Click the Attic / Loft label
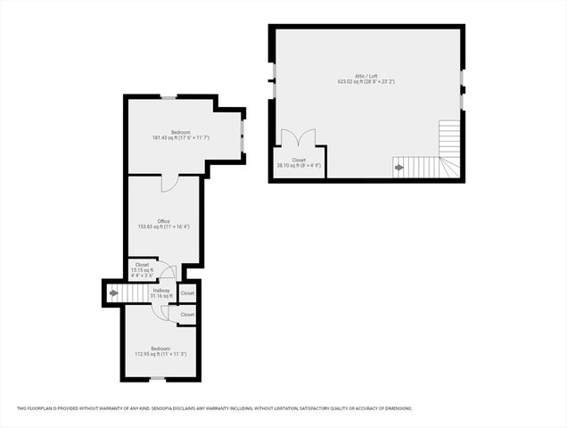coord(366,75)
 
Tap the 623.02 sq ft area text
coord(366,81)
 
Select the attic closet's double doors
coord(298,139)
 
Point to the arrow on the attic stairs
coord(399,166)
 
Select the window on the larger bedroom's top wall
coord(168,96)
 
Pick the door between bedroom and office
coord(169,182)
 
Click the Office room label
coord(163,221)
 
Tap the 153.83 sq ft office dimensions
coord(163,227)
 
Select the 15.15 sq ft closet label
coord(143,270)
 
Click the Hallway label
coord(161,290)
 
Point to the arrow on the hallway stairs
coord(113,292)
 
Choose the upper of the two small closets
coord(187,292)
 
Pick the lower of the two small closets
coord(187,315)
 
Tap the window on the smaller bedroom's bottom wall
coord(157,379)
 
